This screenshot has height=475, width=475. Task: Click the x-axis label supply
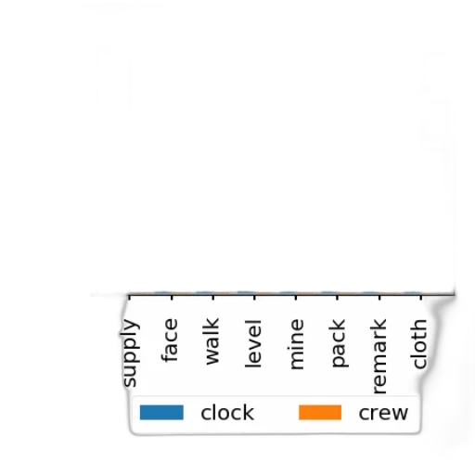(x=130, y=353)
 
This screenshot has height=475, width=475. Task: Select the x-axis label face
(x=170, y=340)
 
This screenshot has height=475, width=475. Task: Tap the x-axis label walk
(x=212, y=340)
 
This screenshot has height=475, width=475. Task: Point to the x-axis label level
(x=253, y=343)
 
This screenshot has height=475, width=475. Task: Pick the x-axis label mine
(x=296, y=344)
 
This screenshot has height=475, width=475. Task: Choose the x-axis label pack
(x=338, y=343)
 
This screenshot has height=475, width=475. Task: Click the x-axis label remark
(x=379, y=355)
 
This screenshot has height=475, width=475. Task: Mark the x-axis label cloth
(x=419, y=344)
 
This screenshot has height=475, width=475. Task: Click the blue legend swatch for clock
(x=161, y=413)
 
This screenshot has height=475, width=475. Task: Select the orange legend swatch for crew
(x=320, y=413)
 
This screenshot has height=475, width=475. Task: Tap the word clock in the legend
(x=227, y=413)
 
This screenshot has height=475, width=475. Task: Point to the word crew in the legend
(x=383, y=413)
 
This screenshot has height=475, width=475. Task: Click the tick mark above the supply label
(x=129, y=298)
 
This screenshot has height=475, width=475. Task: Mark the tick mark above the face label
(x=172, y=298)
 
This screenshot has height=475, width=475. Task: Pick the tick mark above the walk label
(x=213, y=298)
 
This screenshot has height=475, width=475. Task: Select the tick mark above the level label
(x=254, y=298)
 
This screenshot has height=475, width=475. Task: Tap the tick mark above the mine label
(x=296, y=298)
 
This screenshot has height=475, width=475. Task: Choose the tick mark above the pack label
(x=338, y=298)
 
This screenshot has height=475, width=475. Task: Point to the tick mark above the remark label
(x=379, y=298)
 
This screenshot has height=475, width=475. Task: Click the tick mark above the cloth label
(x=421, y=298)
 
